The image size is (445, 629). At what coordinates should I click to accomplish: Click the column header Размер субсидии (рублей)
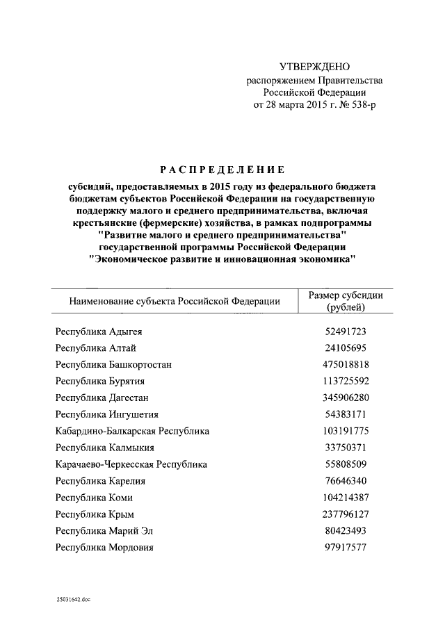(346, 302)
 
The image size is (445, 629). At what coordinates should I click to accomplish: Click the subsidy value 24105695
(346, 348)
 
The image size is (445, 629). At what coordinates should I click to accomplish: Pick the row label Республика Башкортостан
(113, 364)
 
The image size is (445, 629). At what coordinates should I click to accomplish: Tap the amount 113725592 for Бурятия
(346, 381)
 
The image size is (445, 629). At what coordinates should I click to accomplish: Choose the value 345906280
(346, 398)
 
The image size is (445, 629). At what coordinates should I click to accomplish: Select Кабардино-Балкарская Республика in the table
(132, 431)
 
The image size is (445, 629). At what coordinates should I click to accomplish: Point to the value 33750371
(346, 448)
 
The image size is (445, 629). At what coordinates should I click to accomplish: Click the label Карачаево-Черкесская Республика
(131, 464)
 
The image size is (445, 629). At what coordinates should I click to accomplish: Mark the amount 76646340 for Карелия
(346, 481)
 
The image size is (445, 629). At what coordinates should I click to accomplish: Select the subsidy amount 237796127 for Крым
(346, 514)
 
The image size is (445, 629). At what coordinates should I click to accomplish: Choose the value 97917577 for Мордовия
(346, 548)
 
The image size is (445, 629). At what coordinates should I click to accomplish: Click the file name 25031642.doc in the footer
(74, 598)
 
